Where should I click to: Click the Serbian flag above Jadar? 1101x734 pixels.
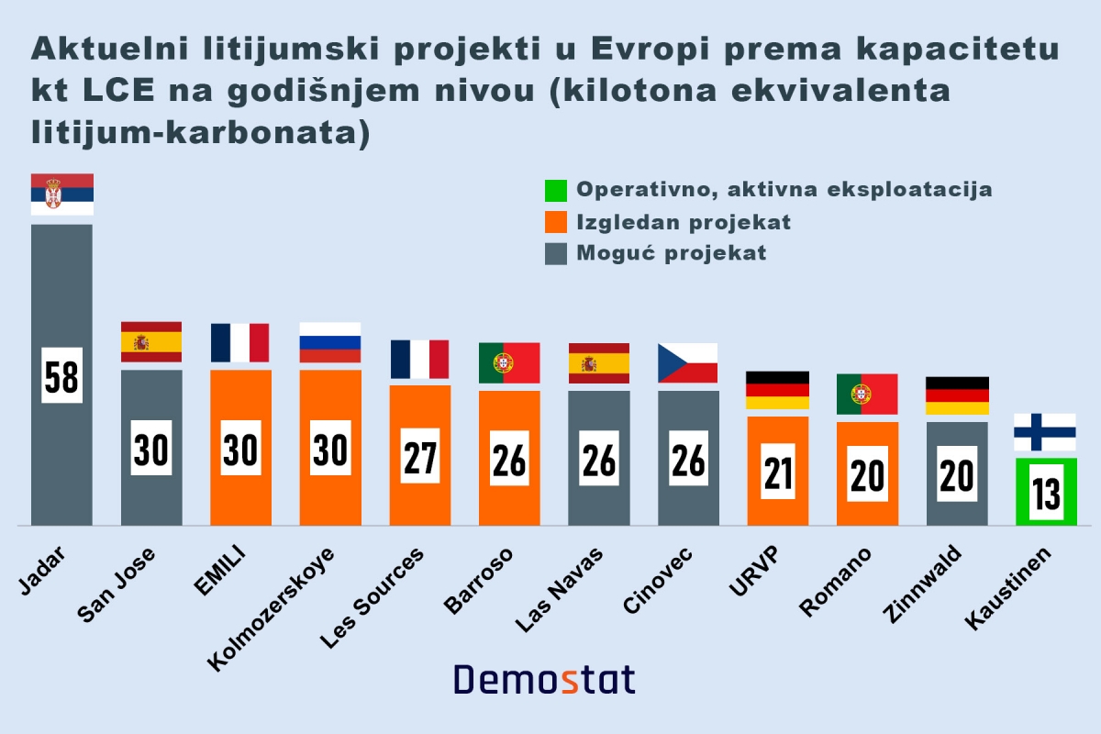[x=61, y=194]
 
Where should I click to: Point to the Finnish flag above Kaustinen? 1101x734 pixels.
[x=1046, y=432]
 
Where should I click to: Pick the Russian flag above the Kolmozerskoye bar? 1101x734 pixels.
[x=330, y=342]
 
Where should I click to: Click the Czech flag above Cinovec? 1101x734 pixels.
[x=687, y=362]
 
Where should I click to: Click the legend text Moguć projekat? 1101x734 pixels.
[x=671, y=253]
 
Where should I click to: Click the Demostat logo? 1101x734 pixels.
[x=544, y=680]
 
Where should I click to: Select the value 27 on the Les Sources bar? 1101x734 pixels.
[x=420, y=456]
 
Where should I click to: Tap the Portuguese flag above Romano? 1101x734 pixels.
[x=866, y=394]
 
